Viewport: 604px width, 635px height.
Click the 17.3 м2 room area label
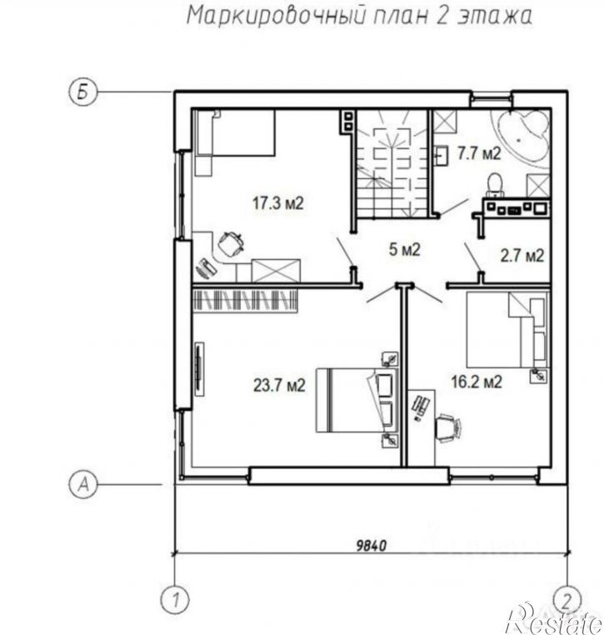(277, 202)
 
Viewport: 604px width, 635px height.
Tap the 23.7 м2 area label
(279, 385)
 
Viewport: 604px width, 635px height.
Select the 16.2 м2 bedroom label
(477, 382)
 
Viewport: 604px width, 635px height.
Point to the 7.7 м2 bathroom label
(479, 153)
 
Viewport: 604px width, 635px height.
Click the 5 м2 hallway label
(405, 249)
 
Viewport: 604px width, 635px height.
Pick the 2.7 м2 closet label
(522, 256)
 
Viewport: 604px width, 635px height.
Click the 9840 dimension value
(372, 546)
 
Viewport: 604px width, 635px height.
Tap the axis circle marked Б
(82, 92)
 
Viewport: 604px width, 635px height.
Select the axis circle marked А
(83, 484)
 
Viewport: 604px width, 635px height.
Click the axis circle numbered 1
(175, 599)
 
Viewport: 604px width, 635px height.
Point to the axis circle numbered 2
(567, 599)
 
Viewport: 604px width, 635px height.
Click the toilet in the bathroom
(495, 187)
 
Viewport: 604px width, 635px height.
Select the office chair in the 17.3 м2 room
(232, 244)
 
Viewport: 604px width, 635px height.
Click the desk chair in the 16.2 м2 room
(448, 427)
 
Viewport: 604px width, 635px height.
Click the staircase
(392, 163)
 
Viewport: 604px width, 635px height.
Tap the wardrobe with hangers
(245, 300)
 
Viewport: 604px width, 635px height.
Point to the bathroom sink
(442, 155)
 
